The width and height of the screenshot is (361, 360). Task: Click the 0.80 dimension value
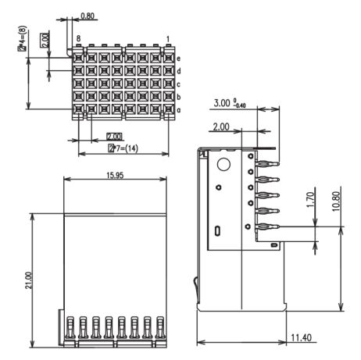click(88, 16)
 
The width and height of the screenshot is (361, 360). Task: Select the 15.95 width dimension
click(115, 176)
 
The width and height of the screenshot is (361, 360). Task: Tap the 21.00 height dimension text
click(29, 280)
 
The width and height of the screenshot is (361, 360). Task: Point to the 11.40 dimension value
click(301, 338)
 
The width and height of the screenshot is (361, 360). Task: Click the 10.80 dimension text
click(336, 201)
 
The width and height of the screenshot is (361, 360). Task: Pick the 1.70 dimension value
click(311, 200)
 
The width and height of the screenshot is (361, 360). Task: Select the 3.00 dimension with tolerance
click(230, 103)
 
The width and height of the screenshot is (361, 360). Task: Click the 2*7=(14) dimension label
click(123, 148)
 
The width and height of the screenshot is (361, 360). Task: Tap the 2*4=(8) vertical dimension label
click(23, 37)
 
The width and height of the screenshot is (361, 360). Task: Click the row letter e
click(178, 59)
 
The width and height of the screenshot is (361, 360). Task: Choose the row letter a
click(178, 110)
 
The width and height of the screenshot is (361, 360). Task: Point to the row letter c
click(178, 84)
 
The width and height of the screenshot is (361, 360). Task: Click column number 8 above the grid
click(78, 39)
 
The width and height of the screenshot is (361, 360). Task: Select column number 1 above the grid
click(168, 39)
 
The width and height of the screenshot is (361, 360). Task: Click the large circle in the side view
click(223, 164)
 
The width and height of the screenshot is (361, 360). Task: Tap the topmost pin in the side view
click(268, 164)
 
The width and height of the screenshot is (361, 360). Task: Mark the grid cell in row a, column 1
click(169, 109)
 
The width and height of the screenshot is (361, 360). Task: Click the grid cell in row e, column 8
click(78, 58)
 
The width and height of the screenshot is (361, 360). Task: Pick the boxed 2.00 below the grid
click(114, 137)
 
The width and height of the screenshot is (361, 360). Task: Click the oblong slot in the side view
click(218, 230)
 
